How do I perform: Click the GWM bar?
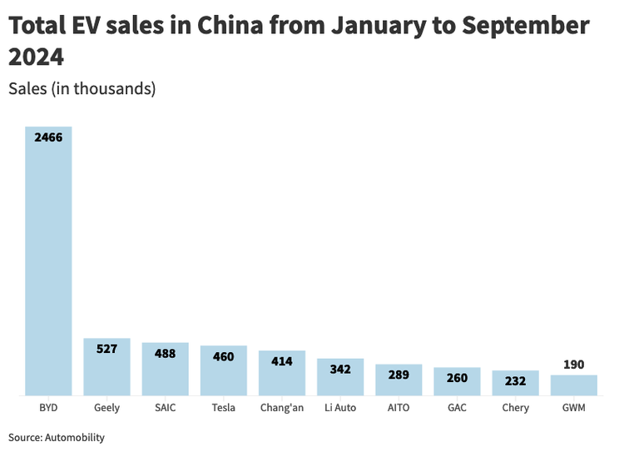574,385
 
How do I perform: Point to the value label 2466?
48,137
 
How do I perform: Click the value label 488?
165,353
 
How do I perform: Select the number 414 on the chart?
282,361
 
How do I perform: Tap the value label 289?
399,375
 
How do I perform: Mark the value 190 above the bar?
574,365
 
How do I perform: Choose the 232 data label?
516,381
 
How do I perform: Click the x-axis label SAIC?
165,408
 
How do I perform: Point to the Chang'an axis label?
282,408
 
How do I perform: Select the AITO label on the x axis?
399,408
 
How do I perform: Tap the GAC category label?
457,408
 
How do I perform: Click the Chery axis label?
516,408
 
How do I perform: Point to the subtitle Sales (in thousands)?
82,88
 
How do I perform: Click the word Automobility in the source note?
75,437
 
